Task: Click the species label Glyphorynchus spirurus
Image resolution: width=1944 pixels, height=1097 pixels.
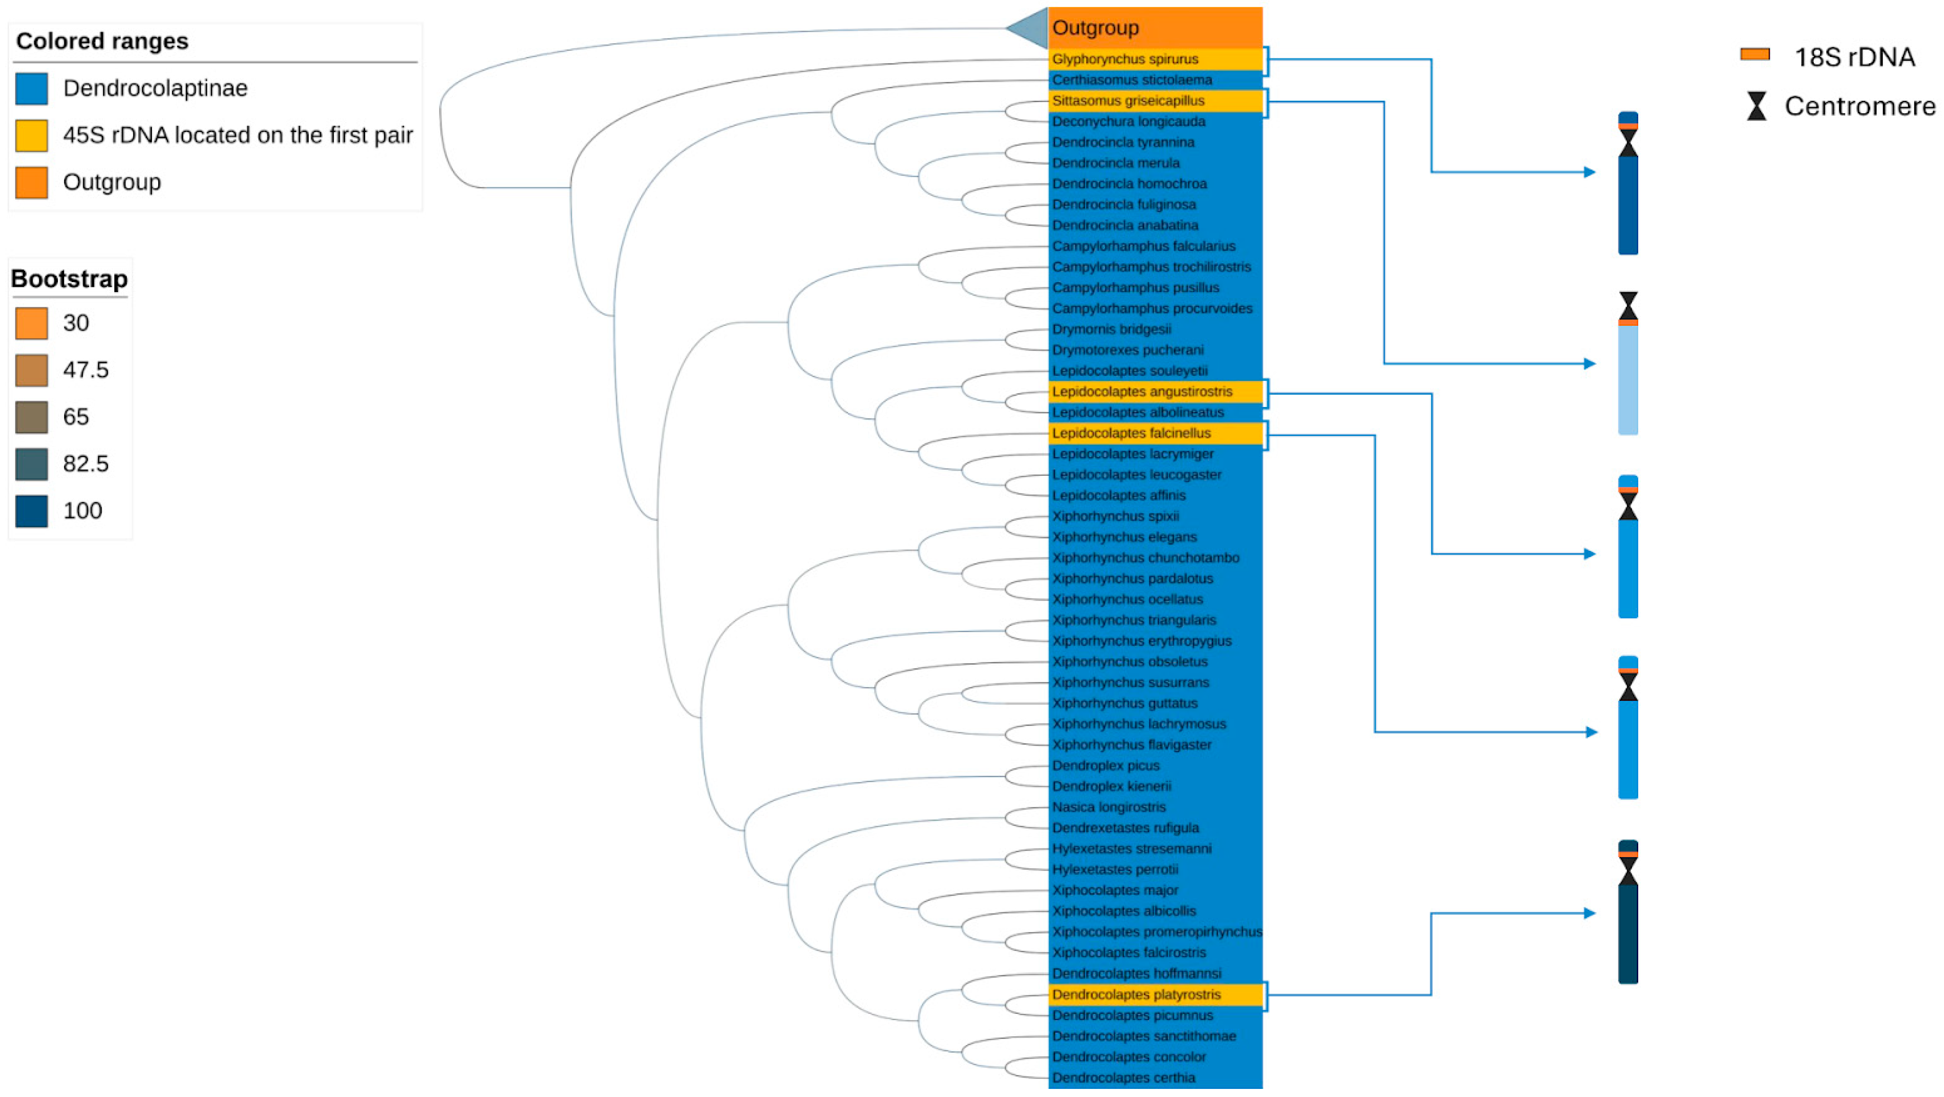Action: pyautogui.click(x=1124, y=59)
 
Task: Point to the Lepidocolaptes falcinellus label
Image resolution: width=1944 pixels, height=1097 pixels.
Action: pyautogui.click(x=1131, y=433)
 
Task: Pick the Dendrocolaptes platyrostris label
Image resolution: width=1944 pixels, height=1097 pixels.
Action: pyautogui.click(x=1136, y=994)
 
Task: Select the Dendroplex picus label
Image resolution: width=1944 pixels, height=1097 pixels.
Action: pyautogui.click(x=1105, y=766)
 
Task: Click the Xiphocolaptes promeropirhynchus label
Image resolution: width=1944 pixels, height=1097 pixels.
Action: pyautogui.click(x=1156, y=932)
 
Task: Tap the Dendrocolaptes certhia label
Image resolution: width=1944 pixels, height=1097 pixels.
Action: pyautogui.click(x=1123, y=1078)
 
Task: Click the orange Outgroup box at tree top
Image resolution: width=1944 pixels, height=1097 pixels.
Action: pyautogui.click(x=1155, y=28)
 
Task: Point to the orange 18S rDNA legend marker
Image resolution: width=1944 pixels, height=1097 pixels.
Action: pyautogui.click(x=1755, y=54)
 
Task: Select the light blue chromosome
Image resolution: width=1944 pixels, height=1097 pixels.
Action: pyautogui.click(x=1628, y=378)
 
